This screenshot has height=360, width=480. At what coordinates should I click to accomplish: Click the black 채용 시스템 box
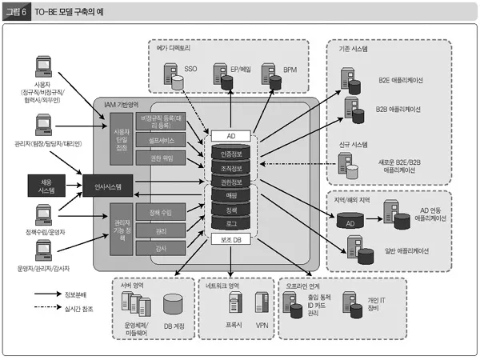[x=46, y=186]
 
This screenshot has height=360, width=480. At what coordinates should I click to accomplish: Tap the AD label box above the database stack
[x=230, y=136]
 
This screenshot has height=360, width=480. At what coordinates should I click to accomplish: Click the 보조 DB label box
[x=230, y=238]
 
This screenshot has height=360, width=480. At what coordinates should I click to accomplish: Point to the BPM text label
[x=290, y=70]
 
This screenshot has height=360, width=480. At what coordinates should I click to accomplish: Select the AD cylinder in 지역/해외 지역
[x=350, y=223]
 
